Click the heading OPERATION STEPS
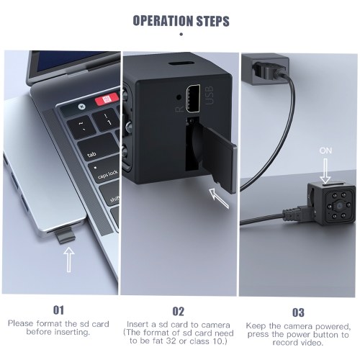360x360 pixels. pyautogui.click(x=181, y=21)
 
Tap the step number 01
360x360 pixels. pyautogui.click(x=58, y=310)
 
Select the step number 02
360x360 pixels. pyautogui.click(x=178, y=311)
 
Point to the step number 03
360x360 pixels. pyautogui.click(x=298, y=312)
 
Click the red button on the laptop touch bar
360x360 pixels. pyautogui.click(x=107, y=99)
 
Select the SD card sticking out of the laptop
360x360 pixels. pyautogui.click(x=66, y=235)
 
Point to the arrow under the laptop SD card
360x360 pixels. pyautogui.click(x=69, y=260)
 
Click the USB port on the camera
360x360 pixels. pyautogui.click(x=193, y=98)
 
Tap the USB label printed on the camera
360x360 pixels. pyautogui.click(x=209, y=95)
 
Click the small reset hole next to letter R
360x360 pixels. pyautogui.click(x=179, y=97)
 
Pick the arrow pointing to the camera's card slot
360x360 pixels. pyautogui.click(x=219, y=198)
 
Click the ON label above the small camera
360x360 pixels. pyautogui.click(x=325, y=150)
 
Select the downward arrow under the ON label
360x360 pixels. pyautogui.click(x=325, y=171)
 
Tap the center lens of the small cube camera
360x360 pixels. pyautogui.click(x=340, y=205)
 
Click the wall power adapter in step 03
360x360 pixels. pyautogui.click(x=265, y=69)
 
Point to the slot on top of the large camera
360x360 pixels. pyautogui.click(x=181, y=63)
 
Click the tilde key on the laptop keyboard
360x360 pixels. pyautogui.click(x=81, y=127)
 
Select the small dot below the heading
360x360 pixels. pyautogui.click(x=181, y=35)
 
